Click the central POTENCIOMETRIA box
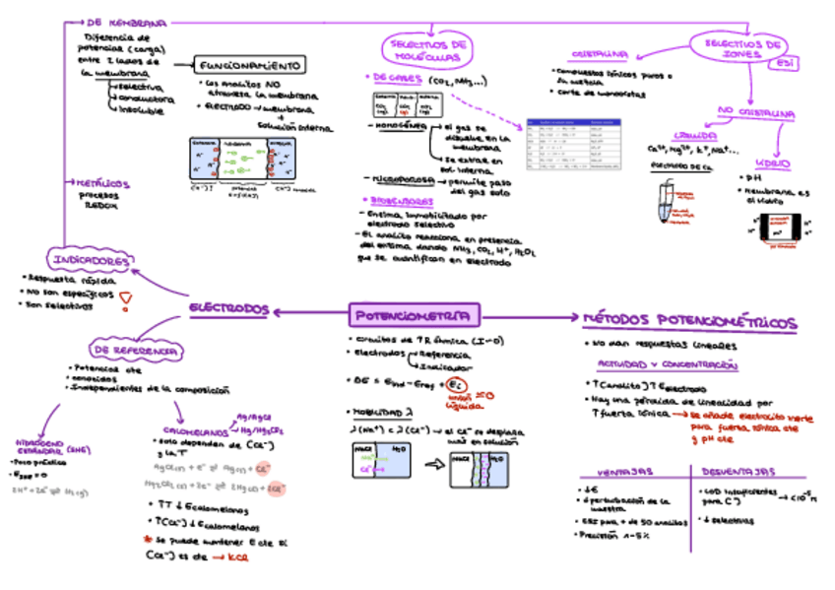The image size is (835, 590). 415,315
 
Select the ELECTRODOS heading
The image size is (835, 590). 229,308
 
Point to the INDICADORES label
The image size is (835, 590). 90,260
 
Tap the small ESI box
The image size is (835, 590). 785,64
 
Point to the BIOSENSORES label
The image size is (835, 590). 391,200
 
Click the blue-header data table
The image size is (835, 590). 573,144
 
